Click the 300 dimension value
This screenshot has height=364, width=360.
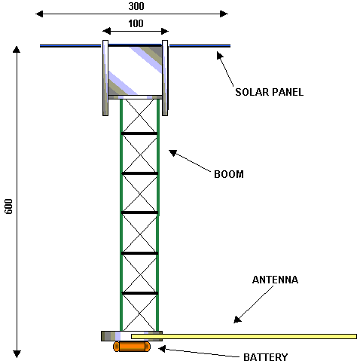coord(136,6)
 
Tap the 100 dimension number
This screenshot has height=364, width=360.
coord(136,23)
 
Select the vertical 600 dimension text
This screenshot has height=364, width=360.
coord(8,206)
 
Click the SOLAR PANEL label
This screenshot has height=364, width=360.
coord(269,92)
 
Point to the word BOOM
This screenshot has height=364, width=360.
coord(229,174)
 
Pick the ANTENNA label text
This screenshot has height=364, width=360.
coord(275,280)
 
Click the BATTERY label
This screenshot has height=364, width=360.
coord(265,357)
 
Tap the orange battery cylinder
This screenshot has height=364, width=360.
coord(132,347)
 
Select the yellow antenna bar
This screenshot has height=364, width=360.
coord(244,336)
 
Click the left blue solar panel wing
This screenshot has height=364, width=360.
coord(71,46)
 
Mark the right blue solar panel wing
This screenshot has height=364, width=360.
coord(200,46)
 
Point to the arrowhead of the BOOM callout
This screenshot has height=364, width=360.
coord(172,153)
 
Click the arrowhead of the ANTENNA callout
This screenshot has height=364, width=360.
coord(237,320)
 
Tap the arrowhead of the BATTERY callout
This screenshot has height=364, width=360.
coord(162,349)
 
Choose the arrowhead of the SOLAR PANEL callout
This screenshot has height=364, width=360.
coord(220,55)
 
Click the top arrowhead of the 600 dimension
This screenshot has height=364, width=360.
coord(17,50)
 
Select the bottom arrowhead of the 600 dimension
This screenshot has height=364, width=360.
coord(17,354)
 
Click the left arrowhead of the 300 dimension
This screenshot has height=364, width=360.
coord(39,14)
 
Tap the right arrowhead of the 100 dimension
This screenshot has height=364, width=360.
coord(165,32)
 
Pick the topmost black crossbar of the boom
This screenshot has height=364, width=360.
coord(139,133)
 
